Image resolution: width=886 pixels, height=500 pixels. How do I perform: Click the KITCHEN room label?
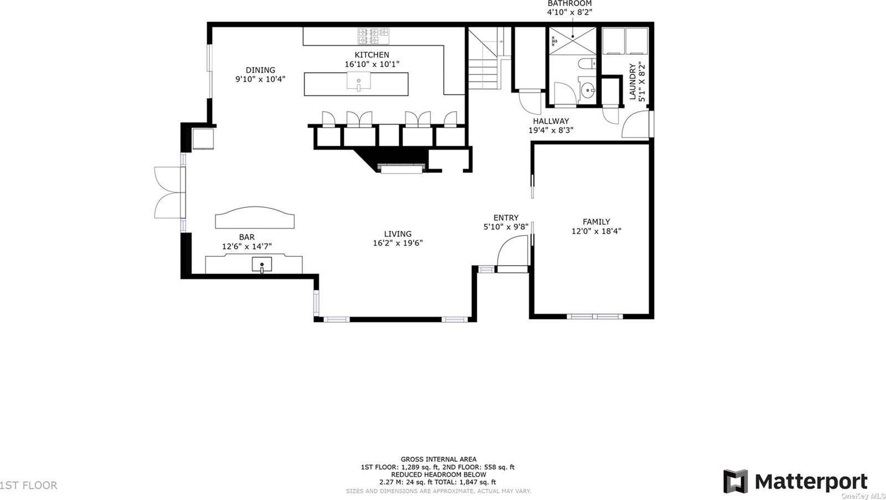tap(372, 55)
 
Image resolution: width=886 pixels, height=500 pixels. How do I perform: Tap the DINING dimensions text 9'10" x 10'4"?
tap(260, 79)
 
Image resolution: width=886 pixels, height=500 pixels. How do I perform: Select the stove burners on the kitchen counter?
tap(373, 37)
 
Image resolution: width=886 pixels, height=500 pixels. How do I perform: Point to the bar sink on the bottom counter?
tap(261, 266)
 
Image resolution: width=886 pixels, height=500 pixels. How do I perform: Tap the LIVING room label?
tap(398, 234)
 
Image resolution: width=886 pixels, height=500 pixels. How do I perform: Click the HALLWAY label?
tap(550, 121)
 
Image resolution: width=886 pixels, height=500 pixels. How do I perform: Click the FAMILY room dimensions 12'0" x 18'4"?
tap(596, 231)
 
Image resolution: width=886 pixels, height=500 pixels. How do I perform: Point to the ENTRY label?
tap(506, 218)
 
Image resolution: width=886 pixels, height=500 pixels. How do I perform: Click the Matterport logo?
tap(795, 481)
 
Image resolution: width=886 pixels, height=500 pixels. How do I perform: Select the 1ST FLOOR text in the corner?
tap(29, 486)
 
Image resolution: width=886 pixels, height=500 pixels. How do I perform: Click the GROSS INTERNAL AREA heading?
tap(438, 459)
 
